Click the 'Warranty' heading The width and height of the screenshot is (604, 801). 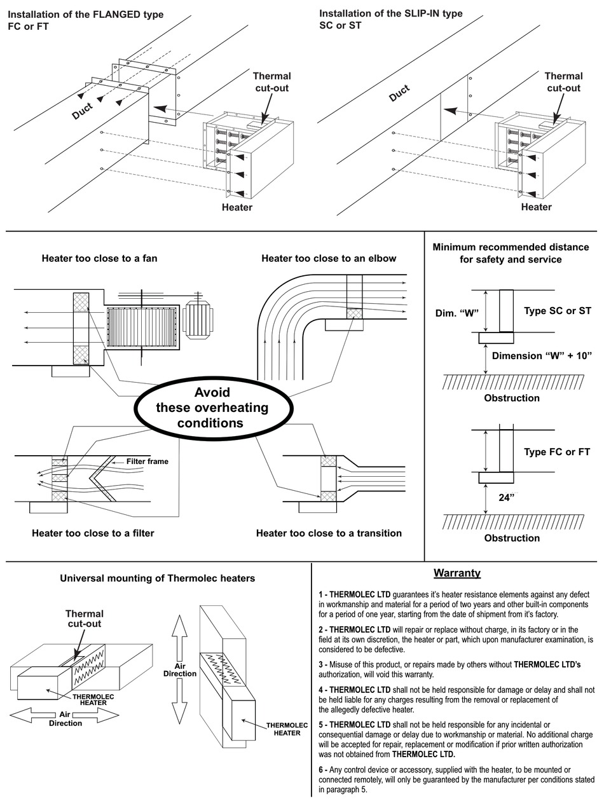[x=456, y=573]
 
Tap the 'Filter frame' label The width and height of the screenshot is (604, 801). [x=147, y=462]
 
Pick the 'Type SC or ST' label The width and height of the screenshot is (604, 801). [x=557, y=311]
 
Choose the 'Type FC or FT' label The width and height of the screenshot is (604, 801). [x=557, y=452]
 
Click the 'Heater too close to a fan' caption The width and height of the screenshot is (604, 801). [x=99, y=258]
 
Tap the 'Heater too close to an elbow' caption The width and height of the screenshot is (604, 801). [x=329, y=258]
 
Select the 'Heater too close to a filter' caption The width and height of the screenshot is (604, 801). [x=93, y=533]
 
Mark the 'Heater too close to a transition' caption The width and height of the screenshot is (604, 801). [x=329, y=533]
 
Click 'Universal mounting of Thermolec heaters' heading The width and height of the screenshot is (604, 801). [x=157, y=578]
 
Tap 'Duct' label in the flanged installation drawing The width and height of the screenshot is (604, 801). [x=82, y=111]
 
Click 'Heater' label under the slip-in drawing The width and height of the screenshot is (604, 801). [x=536, y=207]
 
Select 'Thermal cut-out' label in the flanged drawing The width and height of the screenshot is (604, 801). [x=272, y=82]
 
